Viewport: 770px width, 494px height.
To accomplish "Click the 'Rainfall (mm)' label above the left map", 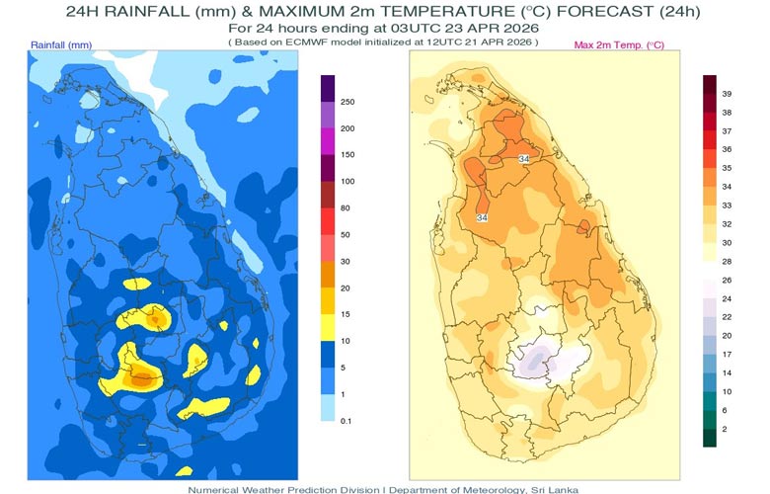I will point(61,45).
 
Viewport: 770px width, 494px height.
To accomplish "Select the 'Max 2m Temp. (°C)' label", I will point(619,45).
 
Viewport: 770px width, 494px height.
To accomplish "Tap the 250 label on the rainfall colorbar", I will point(347,102).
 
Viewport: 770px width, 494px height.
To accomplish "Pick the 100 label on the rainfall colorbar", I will point(347,182).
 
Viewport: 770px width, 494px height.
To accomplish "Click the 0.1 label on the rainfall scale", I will point(346,421).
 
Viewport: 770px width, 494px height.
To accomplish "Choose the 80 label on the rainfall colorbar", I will point(346,208).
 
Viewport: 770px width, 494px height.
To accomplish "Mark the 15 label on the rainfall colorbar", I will point(346,314).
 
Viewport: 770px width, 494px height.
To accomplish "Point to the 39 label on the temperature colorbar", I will point(727,93).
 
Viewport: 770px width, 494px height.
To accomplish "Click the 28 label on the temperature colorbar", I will point(727,261).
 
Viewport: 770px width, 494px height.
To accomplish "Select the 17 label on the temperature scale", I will point(727,354).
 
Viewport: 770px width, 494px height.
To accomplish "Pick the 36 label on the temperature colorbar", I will point(727,149).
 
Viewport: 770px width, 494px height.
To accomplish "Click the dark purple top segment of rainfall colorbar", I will point(328,88).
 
